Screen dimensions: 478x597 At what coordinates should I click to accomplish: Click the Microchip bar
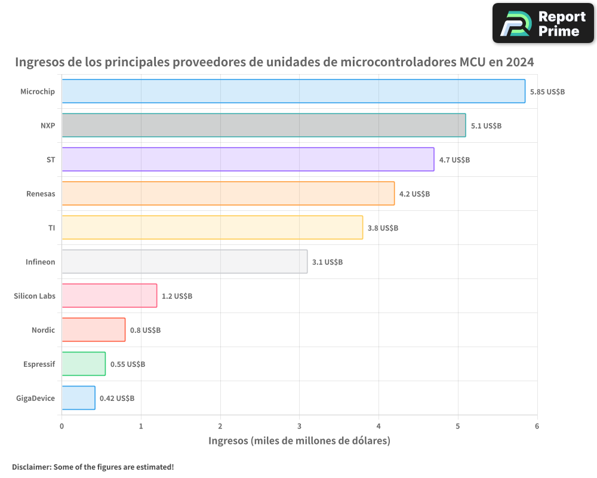(x=293, y=91)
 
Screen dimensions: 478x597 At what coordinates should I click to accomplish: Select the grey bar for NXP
(x=263, y=125)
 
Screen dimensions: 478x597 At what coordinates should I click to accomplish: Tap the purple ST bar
(x=248, y=160)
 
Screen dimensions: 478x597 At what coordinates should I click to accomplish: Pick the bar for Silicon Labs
(x=109, y=296)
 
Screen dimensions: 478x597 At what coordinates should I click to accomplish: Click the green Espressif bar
(x=84, y=364)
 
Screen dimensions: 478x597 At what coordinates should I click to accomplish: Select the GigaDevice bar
(x=78, y=398)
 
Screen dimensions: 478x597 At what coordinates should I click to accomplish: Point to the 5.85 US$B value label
(x=547, y=92)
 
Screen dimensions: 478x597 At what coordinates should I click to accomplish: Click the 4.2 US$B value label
(x=414, y=194)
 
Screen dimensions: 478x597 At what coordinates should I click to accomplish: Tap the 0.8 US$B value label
(x=145, y=330)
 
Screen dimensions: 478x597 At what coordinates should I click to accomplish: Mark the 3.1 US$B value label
(x=327, y=262)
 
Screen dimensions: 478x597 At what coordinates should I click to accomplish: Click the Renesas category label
(x=41, y=194)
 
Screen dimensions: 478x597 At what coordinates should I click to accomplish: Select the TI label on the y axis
(x=51, y=228)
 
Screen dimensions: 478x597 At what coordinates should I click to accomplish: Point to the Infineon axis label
(x=40, y=262)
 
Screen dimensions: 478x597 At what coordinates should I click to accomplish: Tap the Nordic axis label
(x=43, y=330)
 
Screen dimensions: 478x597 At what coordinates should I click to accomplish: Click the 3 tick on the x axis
(x=300, y=426)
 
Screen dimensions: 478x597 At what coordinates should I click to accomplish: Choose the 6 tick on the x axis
(x=537, y=426)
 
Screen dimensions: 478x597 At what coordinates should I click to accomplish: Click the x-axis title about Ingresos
(x=299, y=441)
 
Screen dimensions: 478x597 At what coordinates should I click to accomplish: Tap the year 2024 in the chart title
(x=519, y=62)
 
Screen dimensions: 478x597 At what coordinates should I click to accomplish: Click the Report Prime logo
(x=543, y=23)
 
